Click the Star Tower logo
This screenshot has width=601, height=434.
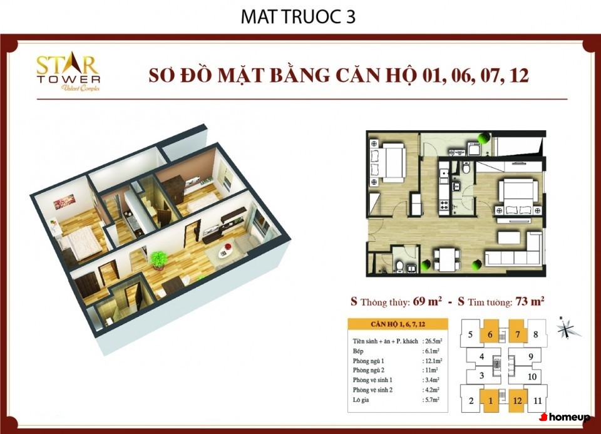tap(68, 73)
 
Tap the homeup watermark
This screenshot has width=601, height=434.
tap(565, 417)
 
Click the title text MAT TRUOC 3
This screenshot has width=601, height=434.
tap(298, 17)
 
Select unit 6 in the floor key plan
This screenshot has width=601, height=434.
tap(490, 334)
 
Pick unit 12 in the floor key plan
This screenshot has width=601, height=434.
tap(518, 401)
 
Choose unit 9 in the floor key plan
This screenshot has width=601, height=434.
tap(531, 356)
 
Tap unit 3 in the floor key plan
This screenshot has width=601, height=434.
tap(482, 375)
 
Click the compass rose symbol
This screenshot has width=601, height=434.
tap(567, 329)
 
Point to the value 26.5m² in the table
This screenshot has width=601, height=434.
tap(433, 341)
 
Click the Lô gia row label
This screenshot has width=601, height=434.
tap(361, 400)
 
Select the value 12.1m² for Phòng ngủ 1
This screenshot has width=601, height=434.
tap(433, 361)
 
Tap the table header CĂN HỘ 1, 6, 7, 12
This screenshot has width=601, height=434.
tap(398, 324)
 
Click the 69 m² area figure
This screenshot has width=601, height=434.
tap(428, 301)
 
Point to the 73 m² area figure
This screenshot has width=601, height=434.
tap(530, 301)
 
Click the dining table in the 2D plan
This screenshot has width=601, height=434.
tap(446, 259)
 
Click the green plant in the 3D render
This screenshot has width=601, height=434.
tap(158, 259)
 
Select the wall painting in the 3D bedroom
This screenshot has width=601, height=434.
tap(64, 201)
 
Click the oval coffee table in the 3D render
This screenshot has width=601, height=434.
tap(225, 252)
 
